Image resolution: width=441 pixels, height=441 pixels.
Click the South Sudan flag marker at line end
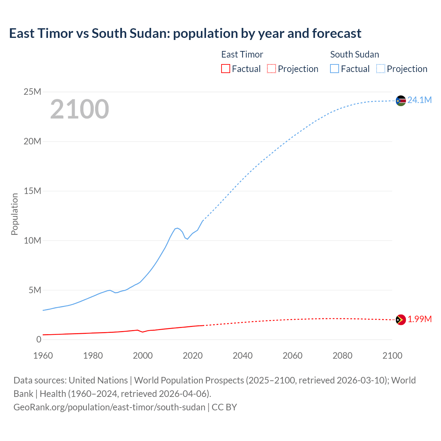pyautogui.click(x=401, y=101)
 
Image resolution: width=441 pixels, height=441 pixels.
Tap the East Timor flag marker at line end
pyautogui.click(x=401, y=320)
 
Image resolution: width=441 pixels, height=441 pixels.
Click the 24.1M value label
pyautogui.click(x=419, y=100)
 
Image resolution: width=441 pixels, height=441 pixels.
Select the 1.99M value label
pyautogui.click(x=419, y=319)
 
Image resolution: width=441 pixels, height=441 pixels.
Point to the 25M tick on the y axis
pyautogui.click(x=32, y=92)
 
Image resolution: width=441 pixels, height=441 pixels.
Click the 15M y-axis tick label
pyautogui.click(x=32, y=191)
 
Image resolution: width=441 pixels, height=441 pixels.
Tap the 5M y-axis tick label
pyautogui.click(x=35, y=290)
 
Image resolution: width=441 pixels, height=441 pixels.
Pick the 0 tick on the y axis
pyautogui.click(x=39, y=339)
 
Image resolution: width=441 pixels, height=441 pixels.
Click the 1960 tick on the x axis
pyautogui.click(x=43, y=356)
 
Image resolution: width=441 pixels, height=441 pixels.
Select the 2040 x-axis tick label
pyautogui.click(x=243, y=356)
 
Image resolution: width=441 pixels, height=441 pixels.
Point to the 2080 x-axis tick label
pyautogui.click(x=342, y=356)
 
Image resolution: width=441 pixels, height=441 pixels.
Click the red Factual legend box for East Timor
pyautogui.click(x=226, y=69)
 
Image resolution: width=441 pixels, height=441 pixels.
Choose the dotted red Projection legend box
pyautogui.click(x=271, y=69)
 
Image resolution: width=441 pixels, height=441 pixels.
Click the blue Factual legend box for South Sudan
pyautogui.click(x=335, y=69)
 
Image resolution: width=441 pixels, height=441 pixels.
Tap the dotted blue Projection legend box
pyautogui.click(x=381, y=69)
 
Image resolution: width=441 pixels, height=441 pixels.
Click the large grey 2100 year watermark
pyautogui.click(x=80, y=109)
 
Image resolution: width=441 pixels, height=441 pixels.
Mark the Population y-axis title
pyautogui.click(x=14, y=214)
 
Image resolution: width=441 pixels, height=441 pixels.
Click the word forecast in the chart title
pyautogui.click(x=337, y=33)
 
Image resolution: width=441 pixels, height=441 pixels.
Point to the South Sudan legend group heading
pyautogui.click(x=355, y=54)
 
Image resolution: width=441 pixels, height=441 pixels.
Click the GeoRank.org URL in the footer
pyautogui.click(x=109, y=407)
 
